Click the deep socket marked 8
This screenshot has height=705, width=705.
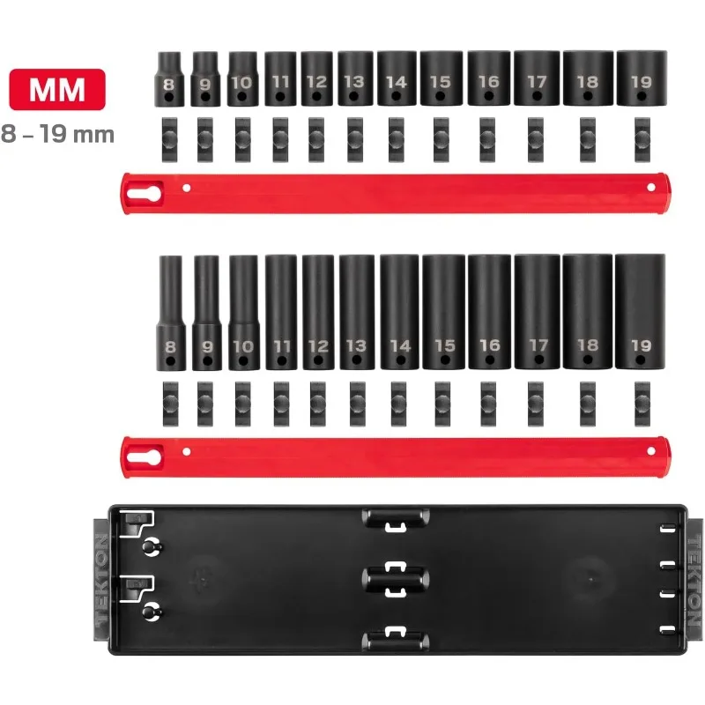(170, 312)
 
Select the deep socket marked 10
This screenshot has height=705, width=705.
(243, 312)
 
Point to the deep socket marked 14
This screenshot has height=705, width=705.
(399, 312)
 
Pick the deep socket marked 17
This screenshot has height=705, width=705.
(537, 312)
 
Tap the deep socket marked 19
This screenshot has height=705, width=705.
(641, 312)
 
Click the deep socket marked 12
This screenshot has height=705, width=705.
(317, 312)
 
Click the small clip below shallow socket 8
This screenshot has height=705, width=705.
(168, 133)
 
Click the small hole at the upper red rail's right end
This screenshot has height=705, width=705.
(651, 187)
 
